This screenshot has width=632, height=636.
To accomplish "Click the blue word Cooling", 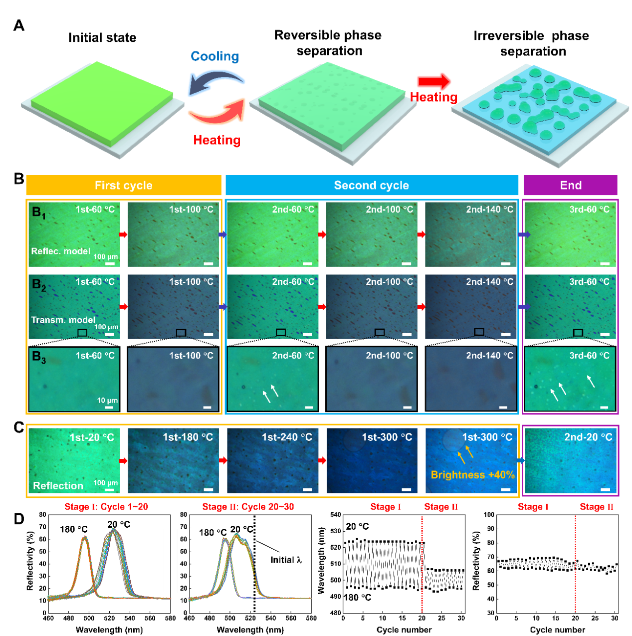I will tap(215, 56).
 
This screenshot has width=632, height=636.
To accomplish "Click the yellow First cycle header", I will tap(124, 186).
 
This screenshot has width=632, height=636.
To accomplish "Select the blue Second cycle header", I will tap(372, 186).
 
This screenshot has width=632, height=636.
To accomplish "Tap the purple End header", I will tap(571, 186).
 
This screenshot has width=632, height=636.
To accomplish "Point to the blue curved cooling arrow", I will tap(215, 82).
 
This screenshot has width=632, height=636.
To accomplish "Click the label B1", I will tap(38, 212).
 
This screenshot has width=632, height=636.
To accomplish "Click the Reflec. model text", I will tap(60, 251).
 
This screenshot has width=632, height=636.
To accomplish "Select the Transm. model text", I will tap(63, 320).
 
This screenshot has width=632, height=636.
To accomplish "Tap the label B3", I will tap(38, 357).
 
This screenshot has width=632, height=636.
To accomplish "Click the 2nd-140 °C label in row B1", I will tap(489, 210).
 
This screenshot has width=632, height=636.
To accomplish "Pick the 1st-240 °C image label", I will tap(287, 437).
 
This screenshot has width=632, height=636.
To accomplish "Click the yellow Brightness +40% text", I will tap(472, 475).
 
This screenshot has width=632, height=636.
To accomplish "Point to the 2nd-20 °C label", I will tap(588, 437).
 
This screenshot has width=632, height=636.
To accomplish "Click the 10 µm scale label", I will tap(107, 400).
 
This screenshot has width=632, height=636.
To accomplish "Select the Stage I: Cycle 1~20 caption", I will tap(106, 507).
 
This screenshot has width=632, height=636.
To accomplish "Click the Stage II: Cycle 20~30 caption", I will tap(248, 507).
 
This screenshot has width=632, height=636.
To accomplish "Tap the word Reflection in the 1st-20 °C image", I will tap(58, 486).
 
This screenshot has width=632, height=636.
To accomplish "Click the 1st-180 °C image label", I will tap(188, 437).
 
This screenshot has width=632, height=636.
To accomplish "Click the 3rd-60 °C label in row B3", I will tap(589, 356).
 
